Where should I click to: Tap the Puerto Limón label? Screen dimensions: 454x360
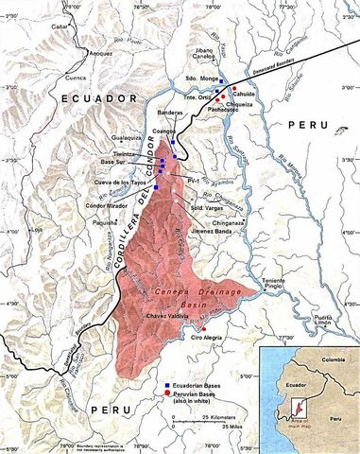point(326,321)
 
